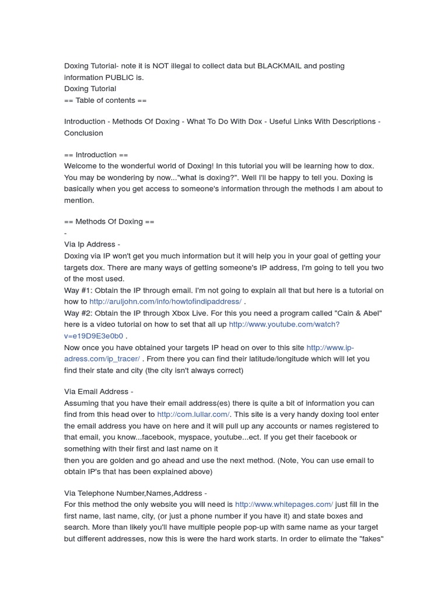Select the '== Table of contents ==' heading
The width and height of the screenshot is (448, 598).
point(105,100)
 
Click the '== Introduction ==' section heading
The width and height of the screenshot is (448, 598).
point(96,155)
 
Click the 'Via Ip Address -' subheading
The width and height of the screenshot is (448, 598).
point(92,244)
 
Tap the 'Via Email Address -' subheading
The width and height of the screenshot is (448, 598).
point(99,391)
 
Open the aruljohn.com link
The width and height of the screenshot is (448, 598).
point(165,301)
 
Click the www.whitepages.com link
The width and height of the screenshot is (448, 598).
point(283,504)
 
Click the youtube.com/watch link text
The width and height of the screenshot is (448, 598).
point(283,324)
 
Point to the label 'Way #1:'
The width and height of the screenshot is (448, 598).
point(78,290)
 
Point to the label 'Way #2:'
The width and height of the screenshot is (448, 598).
point(78,313)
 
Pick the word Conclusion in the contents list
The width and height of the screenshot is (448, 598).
point(83,133)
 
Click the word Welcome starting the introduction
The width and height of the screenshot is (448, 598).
point(80,166)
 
